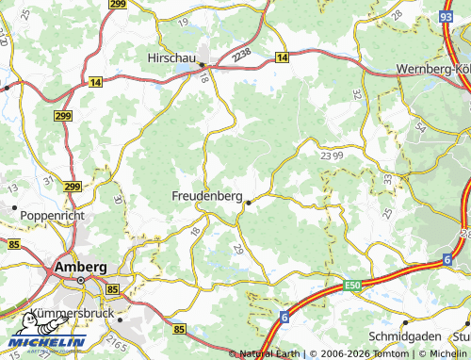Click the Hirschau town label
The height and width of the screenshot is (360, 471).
click(x=171, y=57)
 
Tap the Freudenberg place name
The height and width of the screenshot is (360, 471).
click(x=206, y=195)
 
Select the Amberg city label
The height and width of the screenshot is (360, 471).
click(x=81, y=267)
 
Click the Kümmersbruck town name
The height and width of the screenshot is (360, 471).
click(x=72, y=311)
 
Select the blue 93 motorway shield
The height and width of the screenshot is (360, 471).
click(x=447, y=16)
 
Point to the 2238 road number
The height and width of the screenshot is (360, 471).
click(x=244, y=58)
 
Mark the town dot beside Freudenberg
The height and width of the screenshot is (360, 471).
click(x=248, y=202)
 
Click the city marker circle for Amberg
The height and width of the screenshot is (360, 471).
click(x=81, y=280)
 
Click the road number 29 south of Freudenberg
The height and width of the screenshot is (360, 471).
click(x=237, y=249)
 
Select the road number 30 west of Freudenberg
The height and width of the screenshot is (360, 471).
click(x=118, y=199)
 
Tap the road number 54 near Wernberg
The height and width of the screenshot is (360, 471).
click(x=418, y=125)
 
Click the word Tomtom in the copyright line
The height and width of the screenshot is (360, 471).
click(x=388, y=353)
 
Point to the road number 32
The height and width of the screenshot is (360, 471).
click(x=356, y=94)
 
